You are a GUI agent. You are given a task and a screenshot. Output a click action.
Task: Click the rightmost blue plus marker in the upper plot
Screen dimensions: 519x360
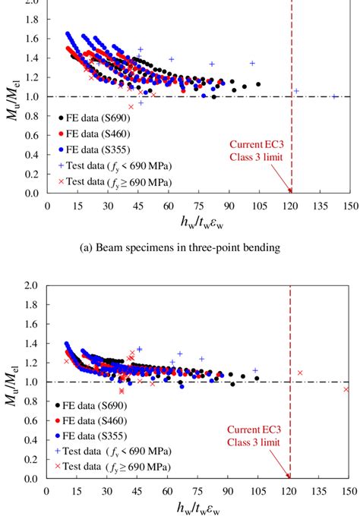pyautogui.click(x=335, y=96)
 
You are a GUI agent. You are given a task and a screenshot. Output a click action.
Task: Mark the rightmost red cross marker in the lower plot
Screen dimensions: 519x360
pyautogui.click(x=346, y=389)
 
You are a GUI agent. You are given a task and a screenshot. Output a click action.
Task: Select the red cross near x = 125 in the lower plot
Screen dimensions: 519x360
pyautogui.click(x=300, y=373)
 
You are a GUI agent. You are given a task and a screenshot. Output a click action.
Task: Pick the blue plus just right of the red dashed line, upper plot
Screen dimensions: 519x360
pyautogui.click(x=296, y=91)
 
